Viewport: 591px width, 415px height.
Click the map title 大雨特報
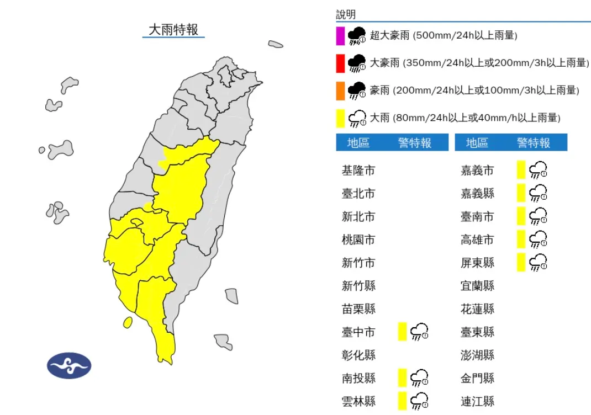coord(173,29)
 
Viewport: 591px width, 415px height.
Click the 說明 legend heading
coord(346,15)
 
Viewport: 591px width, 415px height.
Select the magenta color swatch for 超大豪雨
coord(340,36)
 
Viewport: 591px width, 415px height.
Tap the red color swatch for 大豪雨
coord(340,63)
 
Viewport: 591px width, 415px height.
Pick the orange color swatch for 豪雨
coord(340,91)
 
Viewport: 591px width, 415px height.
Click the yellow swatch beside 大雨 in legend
coord(340,118)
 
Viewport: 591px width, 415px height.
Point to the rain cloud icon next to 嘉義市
coord(538,171)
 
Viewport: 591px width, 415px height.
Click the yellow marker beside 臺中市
coord(402,332)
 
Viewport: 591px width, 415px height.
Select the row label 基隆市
coord(358,171)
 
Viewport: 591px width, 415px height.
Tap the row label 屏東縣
coord(477,263)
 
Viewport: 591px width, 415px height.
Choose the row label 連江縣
coord(477,401)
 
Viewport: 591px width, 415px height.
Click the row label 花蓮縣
coord(477,309)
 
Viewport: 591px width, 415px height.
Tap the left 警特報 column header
coord(415,143)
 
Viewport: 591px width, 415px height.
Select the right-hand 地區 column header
coord(477,143)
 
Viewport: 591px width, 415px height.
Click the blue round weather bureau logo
coord(69,365)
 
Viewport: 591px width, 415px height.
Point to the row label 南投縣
coord(358,378)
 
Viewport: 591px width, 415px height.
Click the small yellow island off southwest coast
coord(127,322)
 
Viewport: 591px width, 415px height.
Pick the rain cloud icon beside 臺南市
coord(538,216)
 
